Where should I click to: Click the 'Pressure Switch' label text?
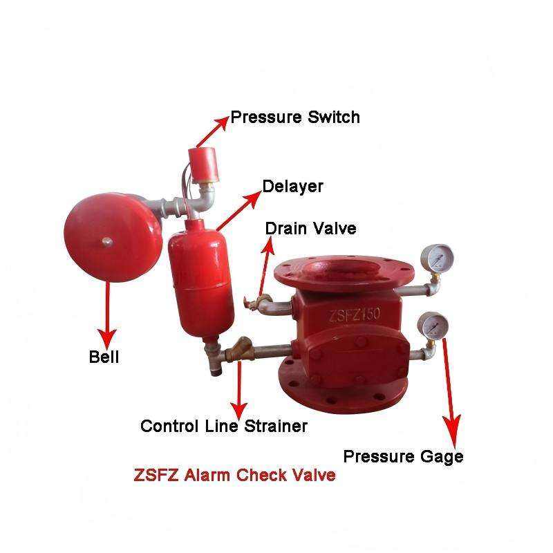pos(295,118)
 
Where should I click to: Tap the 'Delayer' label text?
pos(292,187)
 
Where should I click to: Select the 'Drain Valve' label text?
pos(310,229)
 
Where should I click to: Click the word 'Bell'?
pos(104,357)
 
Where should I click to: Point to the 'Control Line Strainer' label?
pos(224,426)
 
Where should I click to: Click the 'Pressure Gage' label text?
pos(403,457)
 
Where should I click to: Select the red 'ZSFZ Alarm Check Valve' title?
pos(234,475)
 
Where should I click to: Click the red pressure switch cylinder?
pos(202,163)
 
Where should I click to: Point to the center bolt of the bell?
pos(107,242)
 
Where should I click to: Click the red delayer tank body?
pos(201,279)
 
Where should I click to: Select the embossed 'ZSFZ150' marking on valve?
pos(355,314)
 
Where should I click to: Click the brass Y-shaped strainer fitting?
pos(240,349)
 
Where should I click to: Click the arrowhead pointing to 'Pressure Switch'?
pos(223,123)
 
